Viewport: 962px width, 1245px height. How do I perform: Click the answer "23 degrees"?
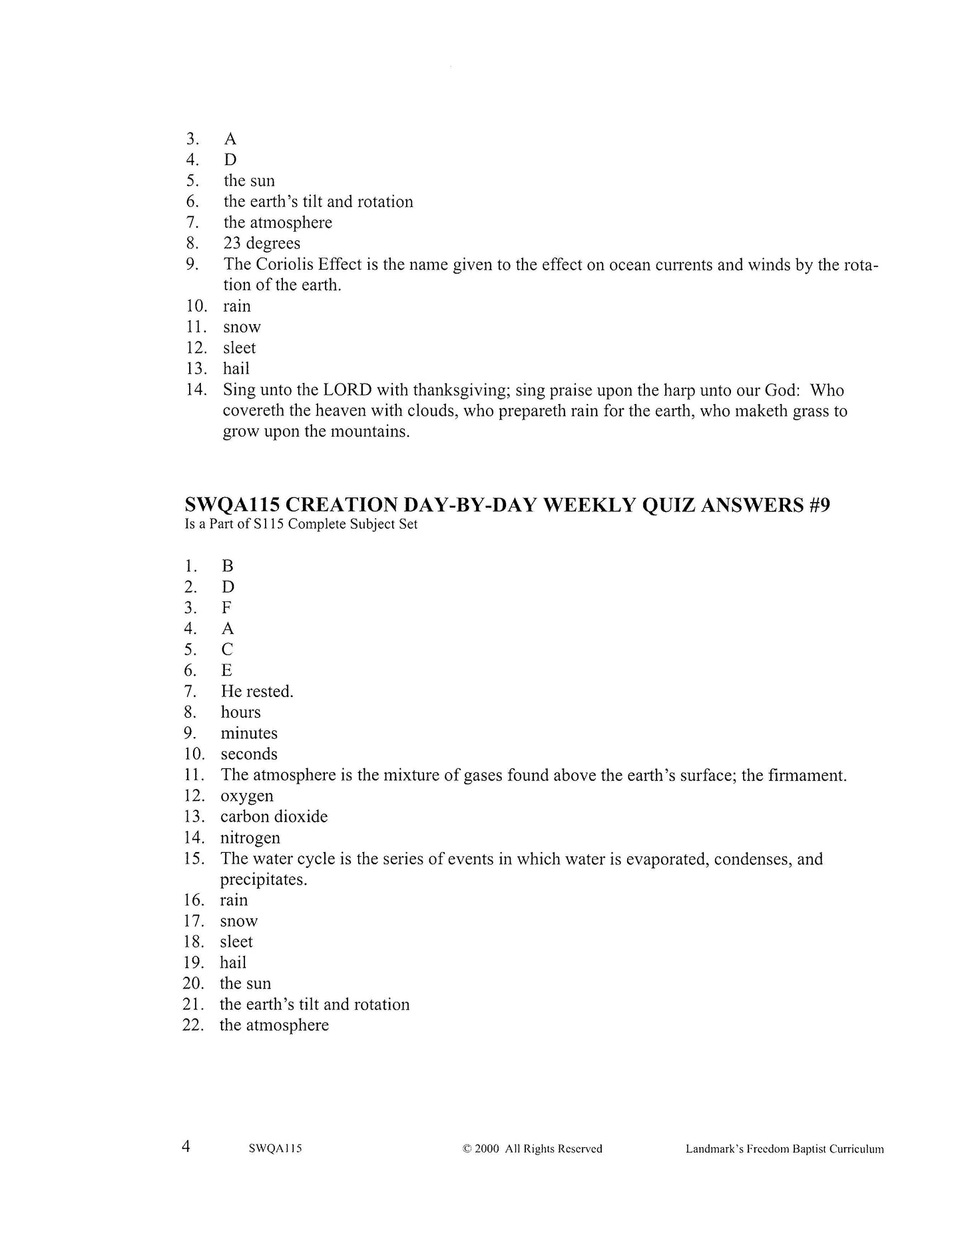[x=262, y=244]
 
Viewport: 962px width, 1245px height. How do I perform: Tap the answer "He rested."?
[x=257, y=692]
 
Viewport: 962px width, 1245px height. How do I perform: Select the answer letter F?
[x=227, y=608]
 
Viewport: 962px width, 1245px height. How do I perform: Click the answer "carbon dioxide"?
[x=274, y=817]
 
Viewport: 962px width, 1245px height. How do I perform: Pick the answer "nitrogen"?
[x=250, y=838]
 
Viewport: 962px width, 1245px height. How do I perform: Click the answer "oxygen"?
[x=246, y=796]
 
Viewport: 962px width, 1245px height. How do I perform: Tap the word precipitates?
[x=264, y=879]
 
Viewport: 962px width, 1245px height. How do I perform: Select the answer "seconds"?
[x=249, y=754]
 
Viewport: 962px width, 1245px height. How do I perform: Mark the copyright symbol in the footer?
[x=467, y=1149]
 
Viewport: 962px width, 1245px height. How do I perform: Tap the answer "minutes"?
[x=249, y=734]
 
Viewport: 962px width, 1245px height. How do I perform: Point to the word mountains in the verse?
[x=369, y=431]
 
